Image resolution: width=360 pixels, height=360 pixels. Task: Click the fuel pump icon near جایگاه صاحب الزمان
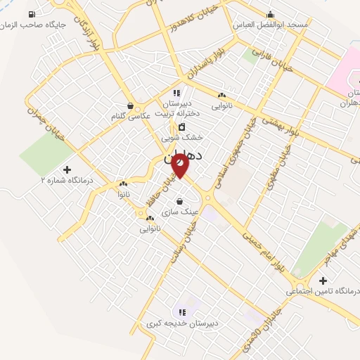click(32, 14)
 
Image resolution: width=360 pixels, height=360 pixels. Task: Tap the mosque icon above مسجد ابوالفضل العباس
click(270, 13)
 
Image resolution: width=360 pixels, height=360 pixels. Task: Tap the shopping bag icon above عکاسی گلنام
click(129, 105)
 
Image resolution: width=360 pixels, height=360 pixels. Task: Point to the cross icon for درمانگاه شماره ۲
click(67, 169)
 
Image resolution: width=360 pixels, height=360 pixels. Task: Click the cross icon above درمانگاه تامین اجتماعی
click(323, 281)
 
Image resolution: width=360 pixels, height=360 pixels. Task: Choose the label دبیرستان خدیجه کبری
click(182, 323)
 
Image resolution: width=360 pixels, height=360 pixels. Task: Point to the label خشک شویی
click(186, 137)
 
